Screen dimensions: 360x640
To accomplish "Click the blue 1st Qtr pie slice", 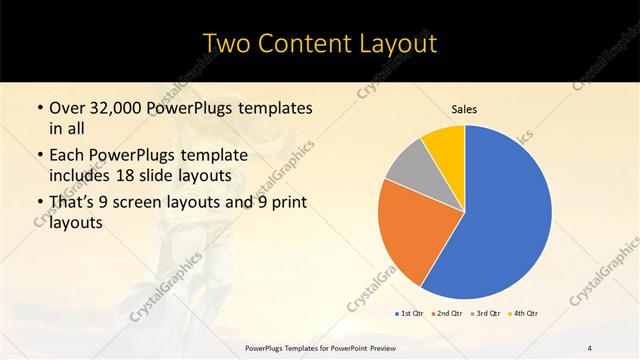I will pos(505,215).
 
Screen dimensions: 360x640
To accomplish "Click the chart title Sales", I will pos(465,109).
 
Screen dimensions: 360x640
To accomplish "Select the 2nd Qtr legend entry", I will pos(447,314).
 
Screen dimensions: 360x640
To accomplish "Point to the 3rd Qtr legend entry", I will pos(485,314).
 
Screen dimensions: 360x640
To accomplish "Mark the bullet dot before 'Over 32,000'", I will pos(39,108).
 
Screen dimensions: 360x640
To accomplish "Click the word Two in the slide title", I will pos(226,44).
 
